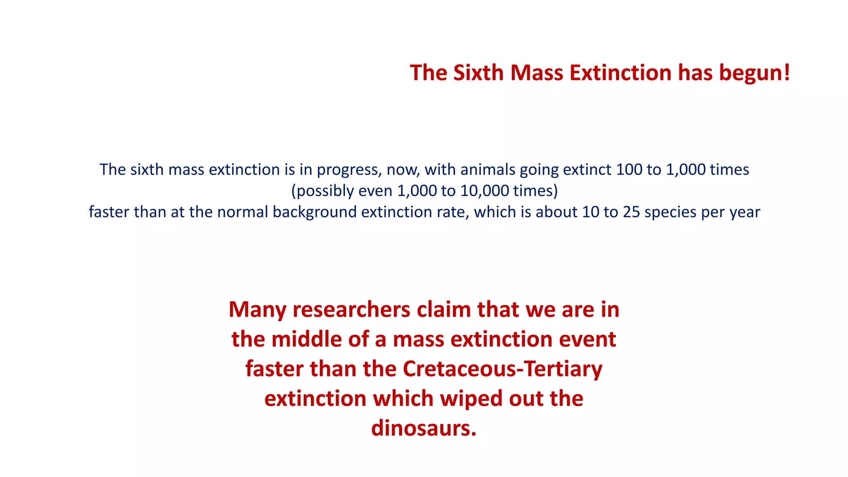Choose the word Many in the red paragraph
(257, 310)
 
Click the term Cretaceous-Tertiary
(502, 369)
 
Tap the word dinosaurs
(424, 428)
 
